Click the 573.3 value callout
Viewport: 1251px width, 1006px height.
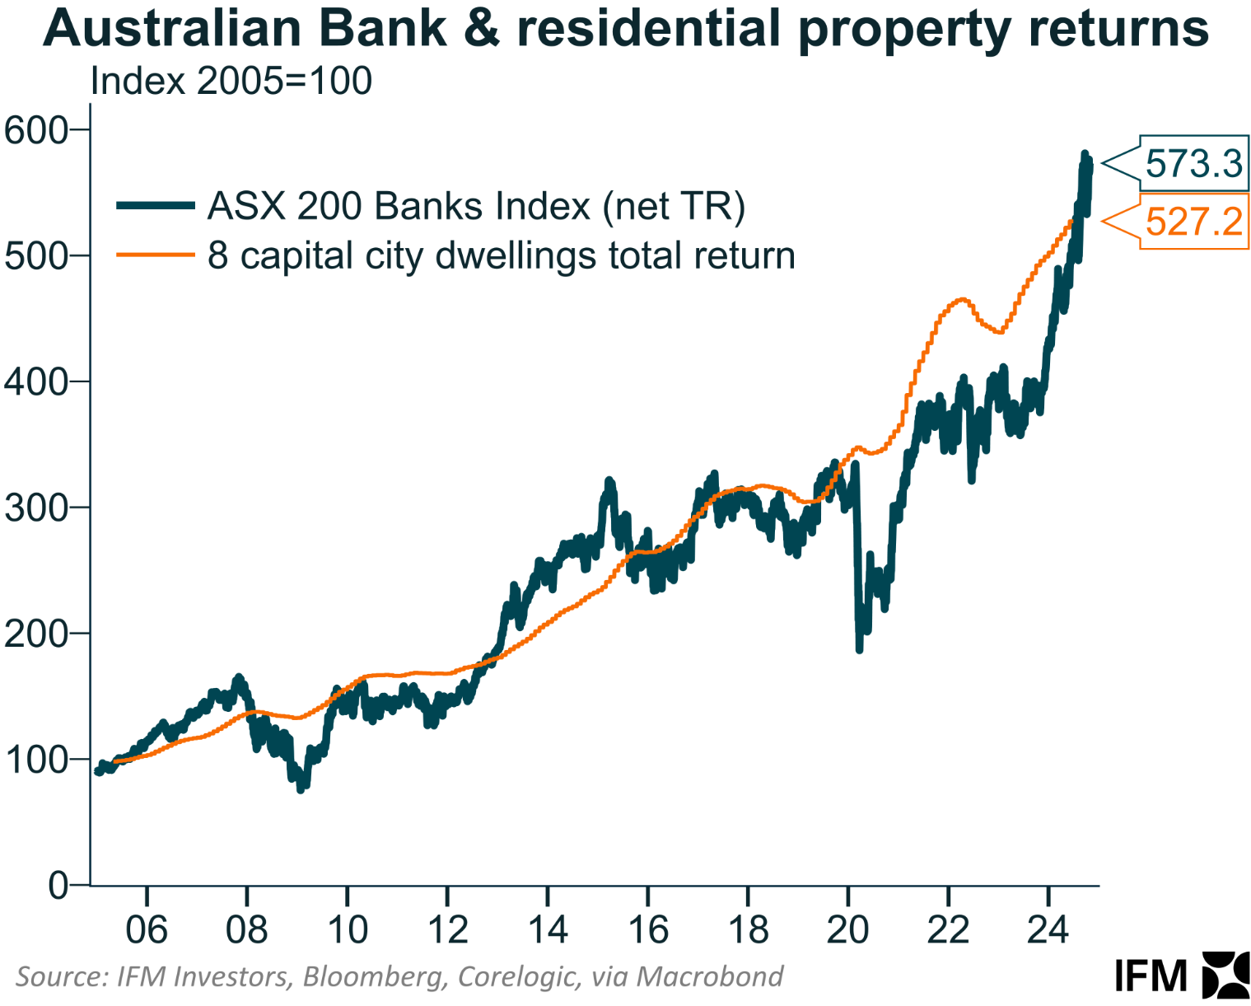(1193, 163)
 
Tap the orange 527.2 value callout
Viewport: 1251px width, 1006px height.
(1193, 222)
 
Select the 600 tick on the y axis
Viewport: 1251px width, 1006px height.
(35, 129)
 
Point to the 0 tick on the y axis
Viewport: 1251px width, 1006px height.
(58, 886)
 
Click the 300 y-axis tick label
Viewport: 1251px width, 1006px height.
(35, 508)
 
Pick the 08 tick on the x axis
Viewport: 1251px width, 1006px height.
(246, 930)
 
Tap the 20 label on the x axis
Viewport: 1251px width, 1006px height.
(847, 930)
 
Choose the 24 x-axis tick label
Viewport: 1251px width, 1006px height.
(1048, 930)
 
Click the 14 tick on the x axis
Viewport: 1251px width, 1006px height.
(547, 930)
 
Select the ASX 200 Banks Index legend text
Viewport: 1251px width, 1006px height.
(476, 206)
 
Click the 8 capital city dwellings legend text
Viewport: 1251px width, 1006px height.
(501, 255)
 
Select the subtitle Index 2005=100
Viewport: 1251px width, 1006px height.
(231, 81)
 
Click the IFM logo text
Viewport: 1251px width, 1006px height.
(1151, 976)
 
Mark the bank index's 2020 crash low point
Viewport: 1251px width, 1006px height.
(859, 649)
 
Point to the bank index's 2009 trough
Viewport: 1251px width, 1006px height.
(301, 788)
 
